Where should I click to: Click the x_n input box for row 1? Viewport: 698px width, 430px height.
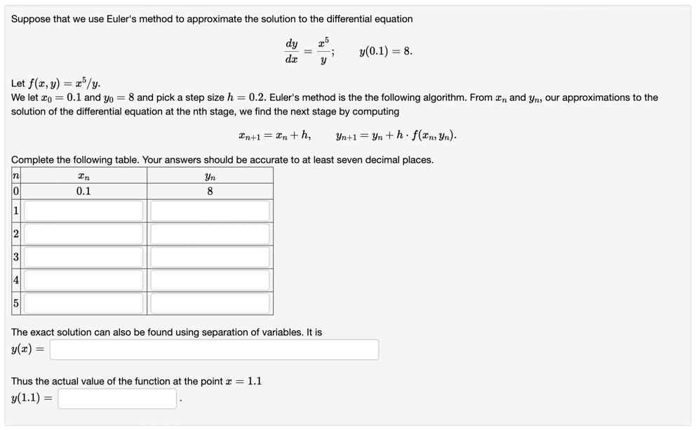[83, 210]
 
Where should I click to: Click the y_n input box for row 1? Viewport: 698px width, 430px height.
[210, 210]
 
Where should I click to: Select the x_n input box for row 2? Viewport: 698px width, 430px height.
[83, 234]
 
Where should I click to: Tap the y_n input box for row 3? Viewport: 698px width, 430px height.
[210, 257]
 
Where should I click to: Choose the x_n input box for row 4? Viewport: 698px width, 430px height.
[83, 280]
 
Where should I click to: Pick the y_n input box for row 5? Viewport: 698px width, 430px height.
[210, 303]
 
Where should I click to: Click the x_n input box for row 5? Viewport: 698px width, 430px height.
[83, 303]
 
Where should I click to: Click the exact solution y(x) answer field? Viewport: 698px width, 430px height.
[214, 349]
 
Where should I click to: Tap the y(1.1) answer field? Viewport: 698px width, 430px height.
[117, 398]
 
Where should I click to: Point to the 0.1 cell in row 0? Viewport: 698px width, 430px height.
[83, 192]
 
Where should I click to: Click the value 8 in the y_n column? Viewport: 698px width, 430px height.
[210, 192]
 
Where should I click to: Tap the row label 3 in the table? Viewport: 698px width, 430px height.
[15, 257]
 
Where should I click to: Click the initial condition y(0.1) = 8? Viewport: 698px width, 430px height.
[385, 51]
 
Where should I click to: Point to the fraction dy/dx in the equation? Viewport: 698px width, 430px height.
[292, 51]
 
